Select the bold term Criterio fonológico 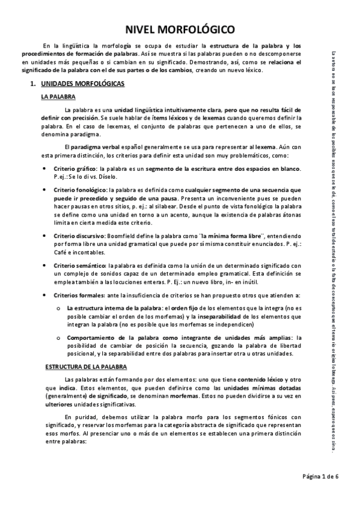[80, 189]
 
